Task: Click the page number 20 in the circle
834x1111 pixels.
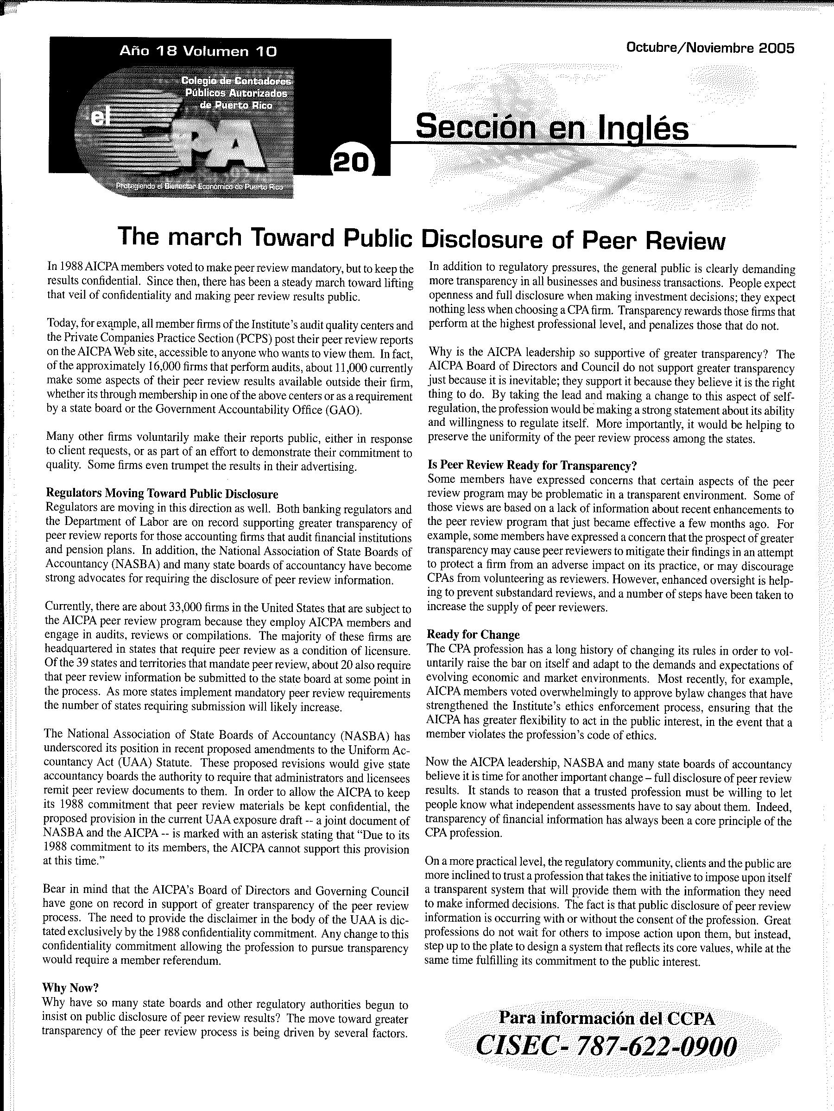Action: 351,163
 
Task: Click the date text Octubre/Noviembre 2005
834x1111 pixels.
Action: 710,48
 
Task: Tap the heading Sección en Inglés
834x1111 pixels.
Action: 551,128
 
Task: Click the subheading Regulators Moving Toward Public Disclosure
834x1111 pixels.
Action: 162,494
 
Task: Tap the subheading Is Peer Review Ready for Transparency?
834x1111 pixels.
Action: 532,466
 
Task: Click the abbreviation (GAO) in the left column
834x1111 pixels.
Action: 343,410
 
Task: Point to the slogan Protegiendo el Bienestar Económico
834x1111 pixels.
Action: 199,187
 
